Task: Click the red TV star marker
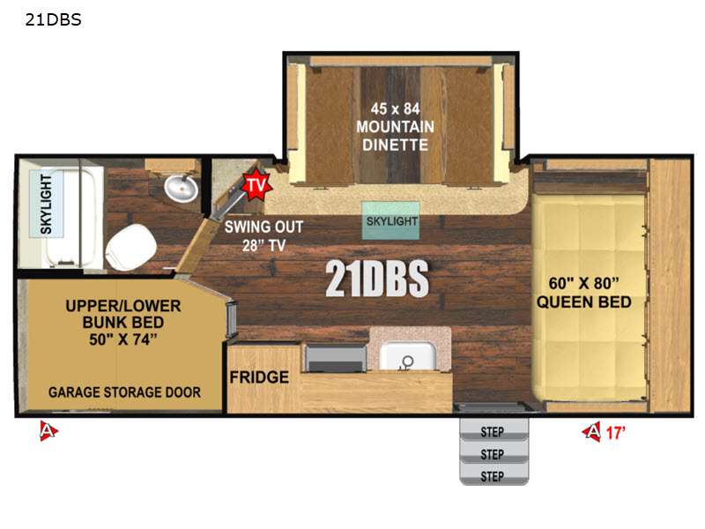tap(256, 184)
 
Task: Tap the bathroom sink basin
tap(182, 188)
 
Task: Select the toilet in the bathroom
tap(130, 248)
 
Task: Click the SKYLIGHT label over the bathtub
tap(46, 205)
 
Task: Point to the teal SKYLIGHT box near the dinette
tap(390, 220)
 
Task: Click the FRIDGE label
tap(259, 377)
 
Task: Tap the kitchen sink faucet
tap(407, 362)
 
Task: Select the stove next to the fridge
tap(336, 358)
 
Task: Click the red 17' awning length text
tap(615, 433)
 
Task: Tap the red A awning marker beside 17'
tap(592, 432)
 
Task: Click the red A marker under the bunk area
tap(48, 431)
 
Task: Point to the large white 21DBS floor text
tap(377, 279)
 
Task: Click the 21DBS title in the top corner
tap(53, 19)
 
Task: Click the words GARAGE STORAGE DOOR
tap(124, 392)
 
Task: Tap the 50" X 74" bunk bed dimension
tap(123, 339)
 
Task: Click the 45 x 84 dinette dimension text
tap(395, 108)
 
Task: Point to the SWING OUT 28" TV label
tap(263, 235)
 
